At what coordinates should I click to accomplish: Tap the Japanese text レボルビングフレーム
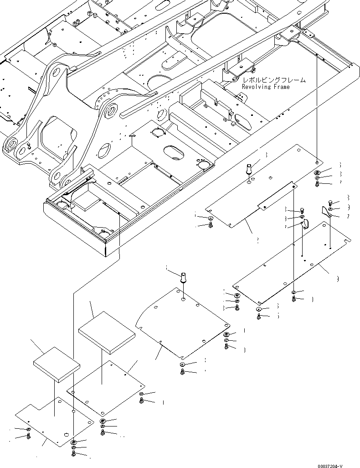pyautogui.click(x=273, y=80)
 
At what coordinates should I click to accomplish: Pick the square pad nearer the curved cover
pyautogui.click(x=107, y=332)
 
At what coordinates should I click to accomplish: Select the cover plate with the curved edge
pyautogui.click(x=182, y=324)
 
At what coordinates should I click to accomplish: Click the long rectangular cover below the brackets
pyautogui.click(x=292, y=265)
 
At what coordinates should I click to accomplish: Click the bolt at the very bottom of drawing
pyautogui.click(x=73, y=455)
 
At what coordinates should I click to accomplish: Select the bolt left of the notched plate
pyautogui.click(x=29, y=436)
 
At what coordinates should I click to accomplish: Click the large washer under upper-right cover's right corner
pyautogui.click(x=317, y=172)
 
